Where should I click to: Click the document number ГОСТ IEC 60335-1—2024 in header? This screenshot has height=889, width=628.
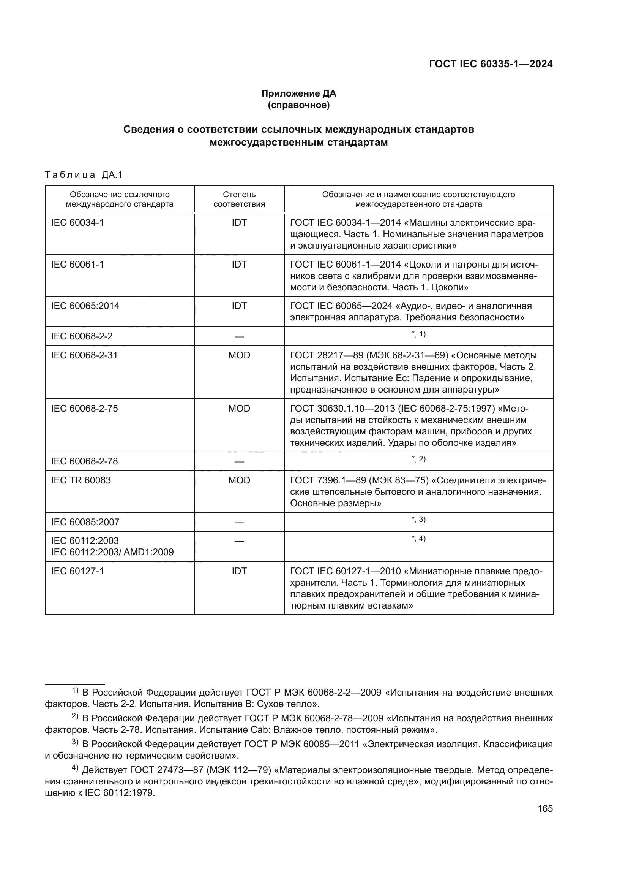tap(490, 64)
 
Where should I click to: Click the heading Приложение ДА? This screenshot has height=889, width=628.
tap(298, 93)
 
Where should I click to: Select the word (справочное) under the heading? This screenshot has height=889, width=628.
tap(298, 105)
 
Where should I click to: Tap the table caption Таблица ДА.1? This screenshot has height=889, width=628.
tap(84, 174)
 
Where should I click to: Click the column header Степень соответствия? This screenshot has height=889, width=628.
tap(239, 199)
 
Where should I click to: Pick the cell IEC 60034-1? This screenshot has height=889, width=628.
tap(77, 223)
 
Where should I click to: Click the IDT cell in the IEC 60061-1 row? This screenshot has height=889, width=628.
tap(239, 265)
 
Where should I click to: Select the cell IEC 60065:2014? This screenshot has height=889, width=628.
tap(85, 306)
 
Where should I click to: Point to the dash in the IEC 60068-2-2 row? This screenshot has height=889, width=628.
tap(239, 336)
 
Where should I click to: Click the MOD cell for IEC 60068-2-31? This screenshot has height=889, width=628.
tap(239, 355)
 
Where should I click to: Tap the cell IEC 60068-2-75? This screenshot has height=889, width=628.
tap(84, 409)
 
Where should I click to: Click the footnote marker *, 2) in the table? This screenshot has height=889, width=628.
tap(418, 459)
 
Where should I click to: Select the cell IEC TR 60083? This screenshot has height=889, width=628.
tap(81, 480)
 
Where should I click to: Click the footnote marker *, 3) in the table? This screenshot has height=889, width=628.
tap(418, 520)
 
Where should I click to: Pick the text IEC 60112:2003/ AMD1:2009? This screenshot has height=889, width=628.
tap(112, 552)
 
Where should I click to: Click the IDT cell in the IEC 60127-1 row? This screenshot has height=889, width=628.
tap(239, 571)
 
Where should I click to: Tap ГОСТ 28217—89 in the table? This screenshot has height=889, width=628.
tap(322, 355)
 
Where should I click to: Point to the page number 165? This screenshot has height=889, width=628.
tap(545, 808)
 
